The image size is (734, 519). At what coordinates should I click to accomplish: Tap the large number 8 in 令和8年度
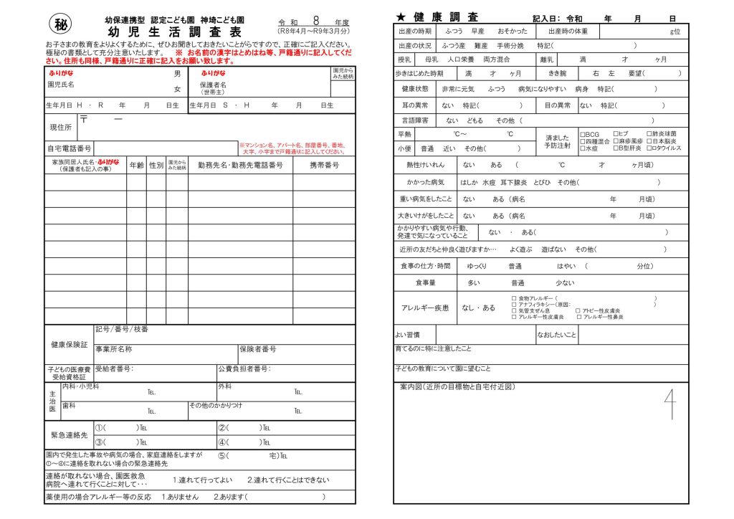(x=315, y=22)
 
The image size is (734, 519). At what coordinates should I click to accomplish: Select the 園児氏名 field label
(x=61, y=85)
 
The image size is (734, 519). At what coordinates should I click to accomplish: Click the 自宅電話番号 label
(x=69, y=149)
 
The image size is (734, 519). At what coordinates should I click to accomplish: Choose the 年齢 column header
(x=136, y=165)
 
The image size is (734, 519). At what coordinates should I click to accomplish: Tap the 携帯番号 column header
(x=324, y=165)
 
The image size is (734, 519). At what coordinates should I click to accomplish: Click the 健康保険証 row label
(x=69, y=345)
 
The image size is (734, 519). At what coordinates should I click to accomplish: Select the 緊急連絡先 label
(x=69, y=435)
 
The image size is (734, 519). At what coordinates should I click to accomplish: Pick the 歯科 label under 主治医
(x=69, y=406)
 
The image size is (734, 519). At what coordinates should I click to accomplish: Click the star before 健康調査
(x=401, y=16)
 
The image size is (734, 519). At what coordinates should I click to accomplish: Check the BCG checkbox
(x=582, y=134)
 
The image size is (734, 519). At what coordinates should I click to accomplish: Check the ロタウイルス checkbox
(x=649, y=148)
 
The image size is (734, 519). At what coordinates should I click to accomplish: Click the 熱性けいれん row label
(x=426, y=165)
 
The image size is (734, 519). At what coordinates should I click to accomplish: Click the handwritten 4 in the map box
(x=669, y=405)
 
